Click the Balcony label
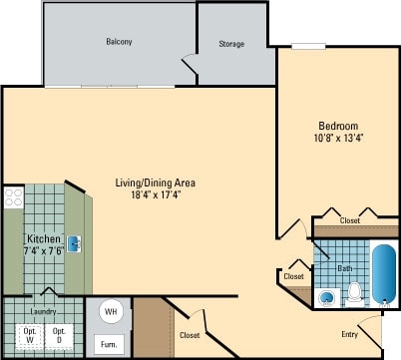[x=120, y=42]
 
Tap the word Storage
[x=232, y=44]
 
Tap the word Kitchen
[x=44, y=240]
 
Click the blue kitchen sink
[x=74, y=241]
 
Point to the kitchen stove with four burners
[x=13, y=197]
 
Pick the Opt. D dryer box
[x=59, y=335]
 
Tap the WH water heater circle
[x=110, y=311]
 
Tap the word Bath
[x=344, y=268]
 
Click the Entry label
[x=350, y=334]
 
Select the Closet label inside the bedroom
[x=350, y=220]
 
